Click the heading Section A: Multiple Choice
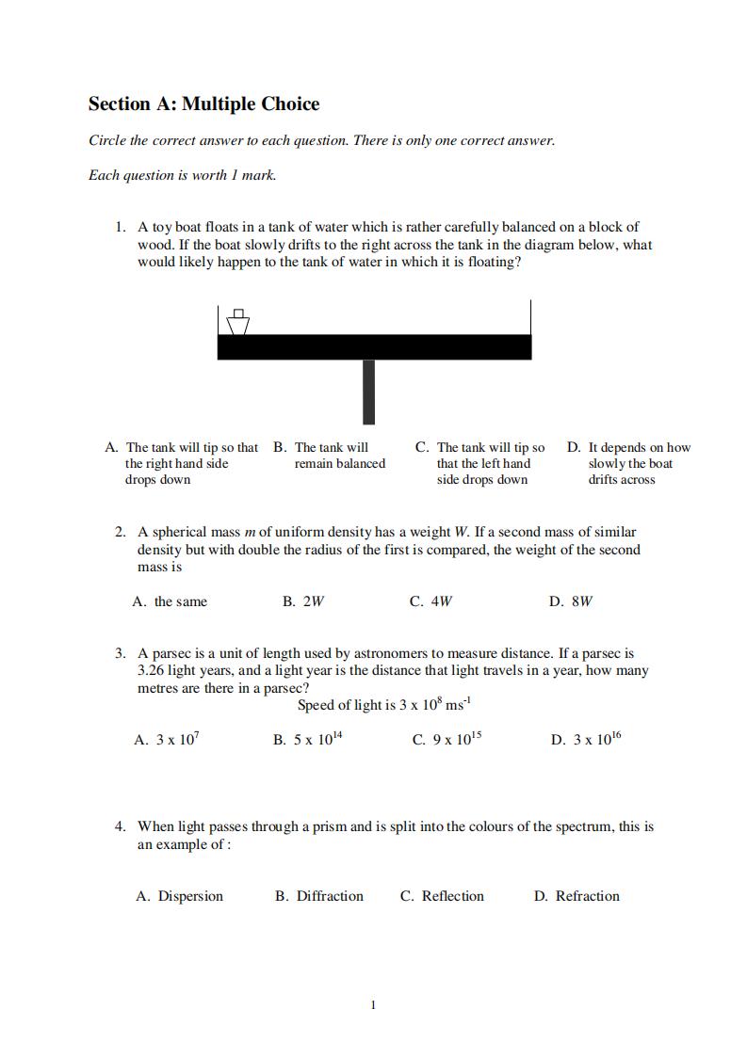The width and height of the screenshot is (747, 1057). tap(203, 104)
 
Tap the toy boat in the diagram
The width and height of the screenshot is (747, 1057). tap(237, 323)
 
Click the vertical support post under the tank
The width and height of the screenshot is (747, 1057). tap(368, 391)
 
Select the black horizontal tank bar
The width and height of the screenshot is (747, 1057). tap(374, 346)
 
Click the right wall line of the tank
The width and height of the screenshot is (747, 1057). tap(530, 317)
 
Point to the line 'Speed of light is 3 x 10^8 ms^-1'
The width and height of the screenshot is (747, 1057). tap(383, 705)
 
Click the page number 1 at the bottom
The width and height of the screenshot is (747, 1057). tap(373, 1005)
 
